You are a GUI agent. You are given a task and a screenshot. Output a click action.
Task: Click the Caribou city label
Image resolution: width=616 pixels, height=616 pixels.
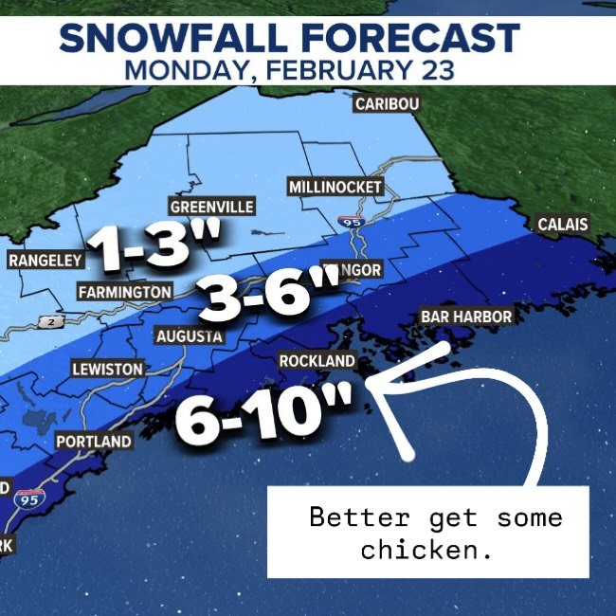coord(387,104)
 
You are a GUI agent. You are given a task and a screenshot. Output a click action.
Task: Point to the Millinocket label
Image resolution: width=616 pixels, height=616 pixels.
coord(335,187)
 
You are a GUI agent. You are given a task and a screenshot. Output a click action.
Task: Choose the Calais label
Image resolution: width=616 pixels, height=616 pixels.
coord(562,225)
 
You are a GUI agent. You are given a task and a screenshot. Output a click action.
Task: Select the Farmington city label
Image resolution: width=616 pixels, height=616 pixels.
coord(125,292)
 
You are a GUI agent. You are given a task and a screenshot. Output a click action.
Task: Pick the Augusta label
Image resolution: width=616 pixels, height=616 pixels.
coord(190,335)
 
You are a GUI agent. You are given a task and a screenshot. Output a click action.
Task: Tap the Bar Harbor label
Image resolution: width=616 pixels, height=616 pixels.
coord(464,317)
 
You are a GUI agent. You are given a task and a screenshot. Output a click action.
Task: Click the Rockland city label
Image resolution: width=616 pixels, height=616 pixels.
coord(317,361)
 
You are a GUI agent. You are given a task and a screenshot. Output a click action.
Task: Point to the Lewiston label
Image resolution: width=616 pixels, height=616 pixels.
coord(107,369)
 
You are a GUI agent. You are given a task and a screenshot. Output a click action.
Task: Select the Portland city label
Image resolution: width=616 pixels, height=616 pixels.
coord(94,442)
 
